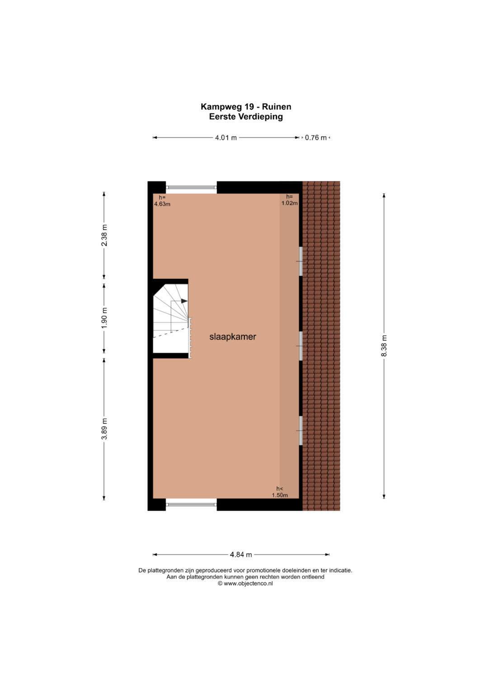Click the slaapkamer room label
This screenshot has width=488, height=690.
click(x=233, y=337)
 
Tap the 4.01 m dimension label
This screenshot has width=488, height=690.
click(x=226, y=138)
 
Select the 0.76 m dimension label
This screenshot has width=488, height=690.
click(x=315, y=138)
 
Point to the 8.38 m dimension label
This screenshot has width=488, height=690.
click(x=384, y=346)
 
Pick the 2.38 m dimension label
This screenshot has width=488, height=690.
click(x=104, y=235)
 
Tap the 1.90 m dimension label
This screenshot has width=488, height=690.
click(x=104, y=318)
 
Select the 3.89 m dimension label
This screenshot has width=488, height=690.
click(x=104, y=429)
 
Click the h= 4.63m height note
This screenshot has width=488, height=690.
click(x=162, y=201)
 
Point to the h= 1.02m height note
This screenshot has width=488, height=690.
click(x=289, y=200)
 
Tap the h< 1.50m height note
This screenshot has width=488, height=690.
click(x=279, y=492)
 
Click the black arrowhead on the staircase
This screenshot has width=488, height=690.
click(x=184, y=301)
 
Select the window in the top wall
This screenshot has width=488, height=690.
click(x=191, y=187)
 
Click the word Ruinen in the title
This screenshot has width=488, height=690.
click(x=277, y=107)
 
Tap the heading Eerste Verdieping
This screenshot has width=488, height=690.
click(x=246, y=117)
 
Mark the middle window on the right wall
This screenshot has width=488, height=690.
click(x=300, y=346)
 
